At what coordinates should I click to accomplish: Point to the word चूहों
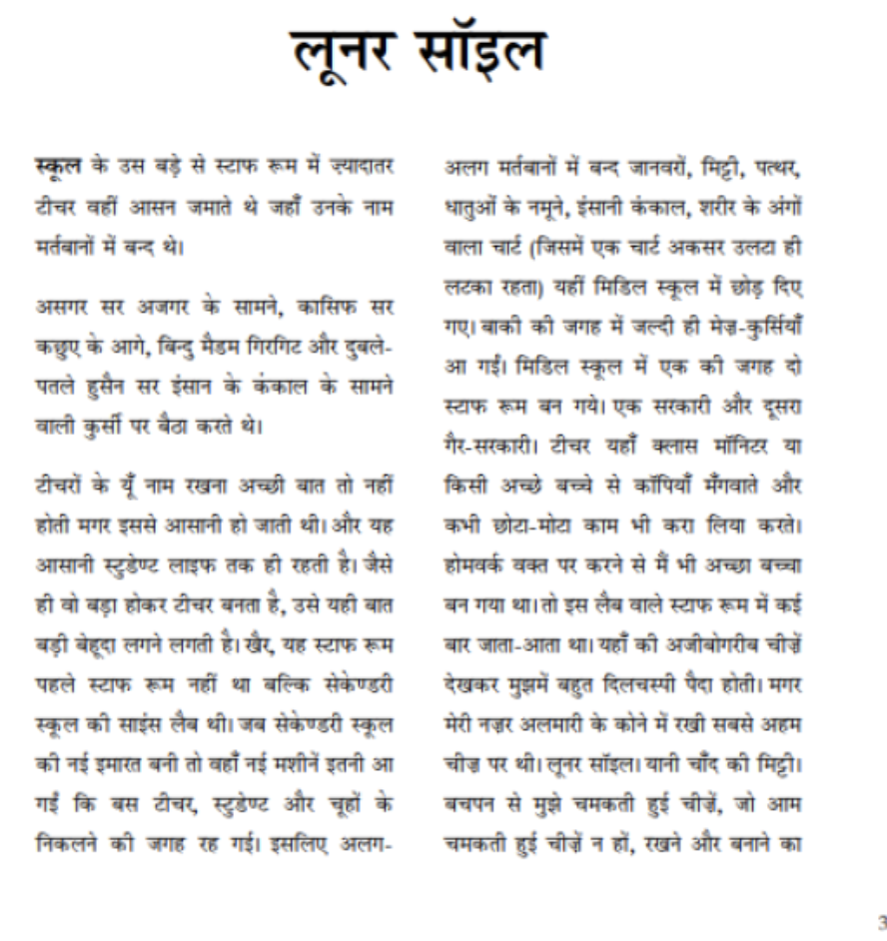click(338, 691)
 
